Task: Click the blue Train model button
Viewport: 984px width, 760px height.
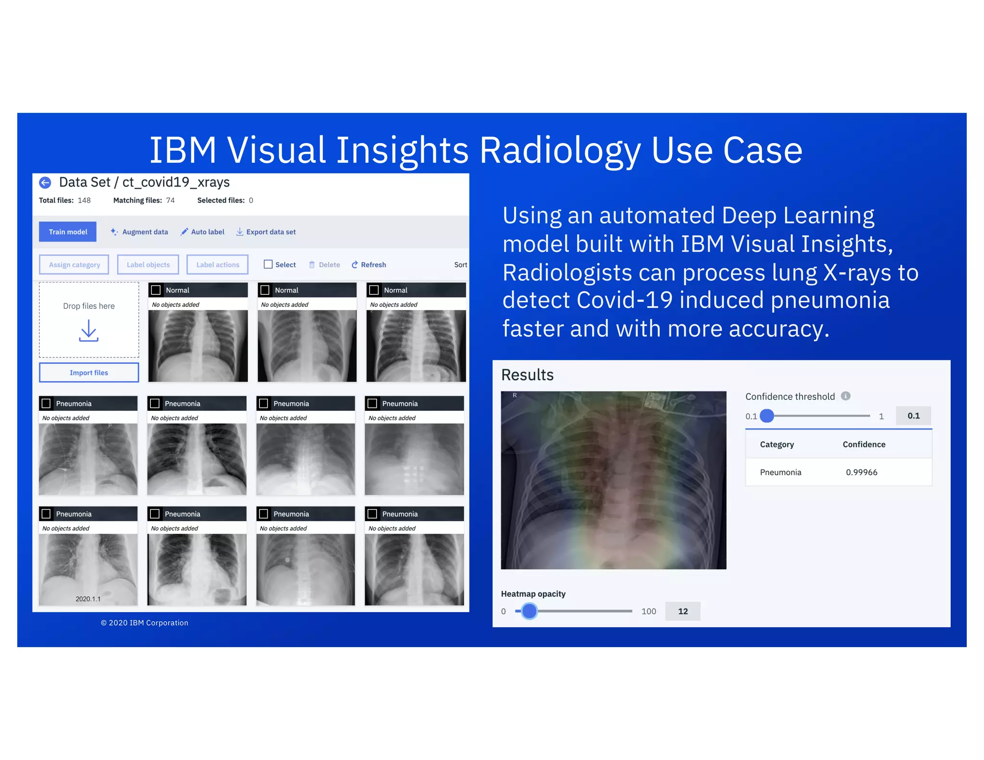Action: [x=68, y=232]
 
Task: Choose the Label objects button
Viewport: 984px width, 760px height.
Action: [x=148, y=265]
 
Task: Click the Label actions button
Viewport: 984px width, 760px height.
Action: [x=217, y=265]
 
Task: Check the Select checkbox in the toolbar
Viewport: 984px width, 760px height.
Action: [x=268, y=264]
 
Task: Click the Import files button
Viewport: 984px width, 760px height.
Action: [x=89, y=373]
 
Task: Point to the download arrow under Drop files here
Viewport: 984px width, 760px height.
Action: [x=89, y=331]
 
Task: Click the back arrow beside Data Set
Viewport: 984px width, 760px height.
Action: [x=45, y=183]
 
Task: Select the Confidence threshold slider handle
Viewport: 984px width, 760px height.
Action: [x=767, y=416]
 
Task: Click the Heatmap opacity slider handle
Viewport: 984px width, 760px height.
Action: [x=529, y=611]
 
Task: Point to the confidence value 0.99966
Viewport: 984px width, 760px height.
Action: [x=861, y=472]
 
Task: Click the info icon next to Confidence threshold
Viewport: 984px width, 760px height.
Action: [x=846, y=396]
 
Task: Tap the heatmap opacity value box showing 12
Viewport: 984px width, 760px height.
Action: [x=682, y=611]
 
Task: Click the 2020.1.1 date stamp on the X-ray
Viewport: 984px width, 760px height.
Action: [x=88, y=599]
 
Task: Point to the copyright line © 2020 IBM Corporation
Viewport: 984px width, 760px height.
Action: [x=145, y=623]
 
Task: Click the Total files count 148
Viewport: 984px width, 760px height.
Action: [x=84, y=200]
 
